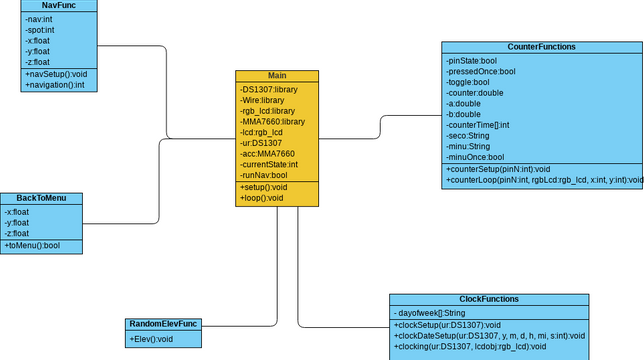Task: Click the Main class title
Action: (x=277, y=76)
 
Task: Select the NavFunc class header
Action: (x=59, y=5)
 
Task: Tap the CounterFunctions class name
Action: (x=541, y=47)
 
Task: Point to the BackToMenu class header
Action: (x=41, y=198)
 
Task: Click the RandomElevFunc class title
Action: (x=163, y=324)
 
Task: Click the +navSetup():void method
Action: (x=56, y=74)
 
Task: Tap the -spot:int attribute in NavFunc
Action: (x=41, y=30)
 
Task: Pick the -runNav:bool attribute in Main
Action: (x=264, y=175)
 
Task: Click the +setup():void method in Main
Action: (x=264, y=187)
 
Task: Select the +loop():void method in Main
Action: (x=262, y=198)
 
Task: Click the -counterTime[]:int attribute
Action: (x=478, y=125)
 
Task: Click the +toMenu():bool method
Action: (x=32, y=245)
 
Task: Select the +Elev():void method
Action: (x=152, y=340)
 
